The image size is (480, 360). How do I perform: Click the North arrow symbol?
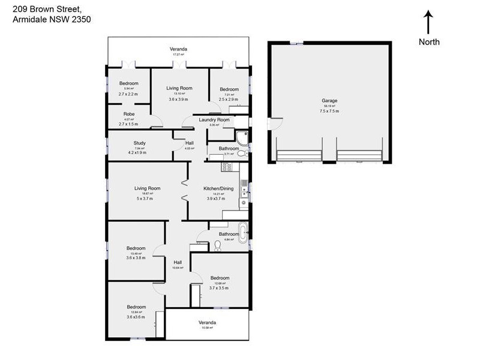point(428,22)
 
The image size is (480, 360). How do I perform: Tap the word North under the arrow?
point(429,42)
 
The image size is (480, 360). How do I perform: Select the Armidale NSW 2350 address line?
point(52,19)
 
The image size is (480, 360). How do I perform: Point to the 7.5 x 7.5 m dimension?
point(329,111)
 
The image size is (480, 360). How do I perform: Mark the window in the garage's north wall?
point(296,43)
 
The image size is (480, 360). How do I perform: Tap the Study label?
point(140,143)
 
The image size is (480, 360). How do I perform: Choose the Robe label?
point(129,114)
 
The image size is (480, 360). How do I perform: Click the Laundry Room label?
point(214,120)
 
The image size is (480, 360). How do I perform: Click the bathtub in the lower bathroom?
point(243,232)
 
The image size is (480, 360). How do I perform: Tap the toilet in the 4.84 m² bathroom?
point(217,245)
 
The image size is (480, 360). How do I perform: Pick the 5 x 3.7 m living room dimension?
point(147,198)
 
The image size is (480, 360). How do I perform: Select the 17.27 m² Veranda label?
point(178,49)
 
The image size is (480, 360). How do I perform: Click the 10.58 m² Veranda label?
point(207,323)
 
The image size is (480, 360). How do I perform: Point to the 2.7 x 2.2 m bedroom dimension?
point(128,94)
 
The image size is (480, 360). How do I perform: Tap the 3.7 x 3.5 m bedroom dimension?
point(220,288)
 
